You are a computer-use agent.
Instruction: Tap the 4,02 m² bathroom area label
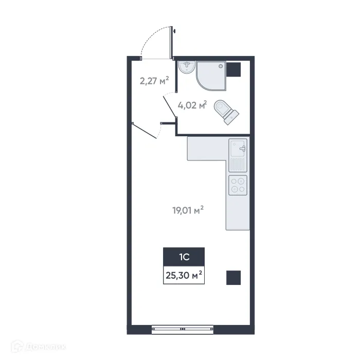click(x=192, y=106)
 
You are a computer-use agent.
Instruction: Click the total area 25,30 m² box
click(x=184, y=276)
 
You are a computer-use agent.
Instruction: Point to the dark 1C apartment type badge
click(x=184, y=257)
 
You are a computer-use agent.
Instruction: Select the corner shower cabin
click(x=209, y=73)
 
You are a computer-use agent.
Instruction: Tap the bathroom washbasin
click(x=186, y=67)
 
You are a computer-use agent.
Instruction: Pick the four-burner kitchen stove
click(x=238, y=185)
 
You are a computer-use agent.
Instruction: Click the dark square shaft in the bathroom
click(x=235, y=69)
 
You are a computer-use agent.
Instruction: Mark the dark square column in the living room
click(x=233, y=277)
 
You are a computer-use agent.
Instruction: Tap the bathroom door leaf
click(x=170, y=109)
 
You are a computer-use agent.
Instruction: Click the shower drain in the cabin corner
click(x=222, y=65)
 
